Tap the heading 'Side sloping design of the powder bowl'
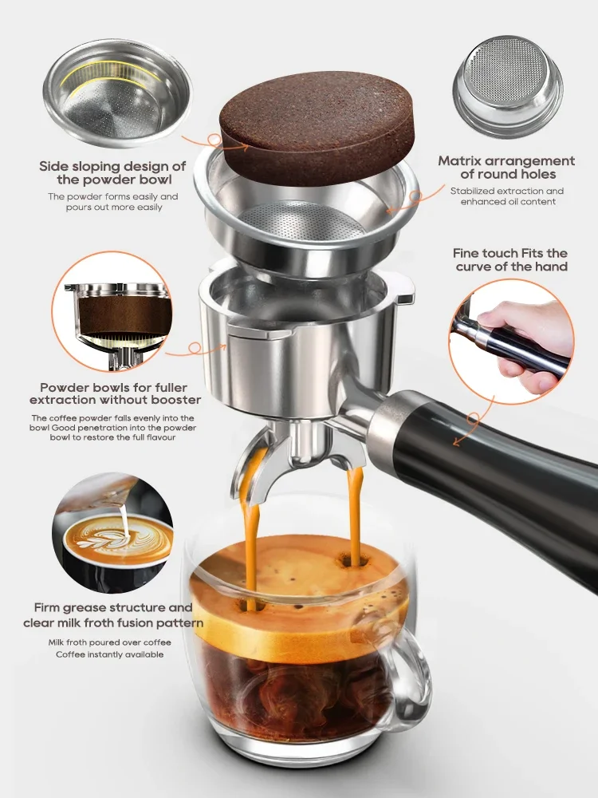pos(112,173)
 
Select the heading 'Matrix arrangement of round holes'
pos(506,168)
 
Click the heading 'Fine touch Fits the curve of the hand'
pos(511,259)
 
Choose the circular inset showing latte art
pos(112,531)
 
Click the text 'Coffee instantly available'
pos(109,654)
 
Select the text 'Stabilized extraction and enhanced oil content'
pos(506,196)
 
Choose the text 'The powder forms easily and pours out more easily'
pos(112,202)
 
